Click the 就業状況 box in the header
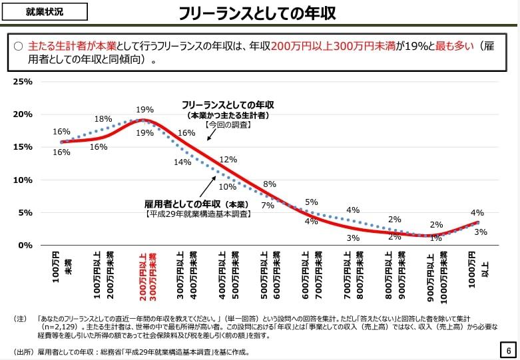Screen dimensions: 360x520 pos(45,11)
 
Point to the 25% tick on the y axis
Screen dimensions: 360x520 pos(23,82)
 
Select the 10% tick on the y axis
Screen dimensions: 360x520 pos(23,180)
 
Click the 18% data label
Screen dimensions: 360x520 pos(103,119)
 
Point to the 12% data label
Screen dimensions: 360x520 pos(228,160)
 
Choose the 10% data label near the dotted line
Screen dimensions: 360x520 pos(228,187)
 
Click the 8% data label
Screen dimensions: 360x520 pos(270,184)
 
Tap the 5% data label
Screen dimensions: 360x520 pos(312,202)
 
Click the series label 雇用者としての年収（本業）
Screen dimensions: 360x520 pos(196,204)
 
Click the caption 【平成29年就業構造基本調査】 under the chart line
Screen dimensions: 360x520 pos(197,214)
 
